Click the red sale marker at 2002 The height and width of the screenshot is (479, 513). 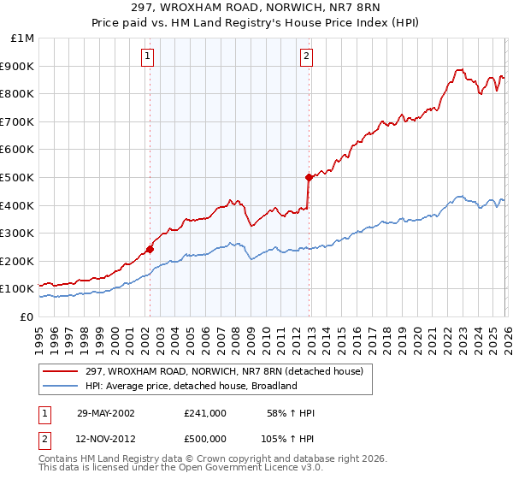(150, 250)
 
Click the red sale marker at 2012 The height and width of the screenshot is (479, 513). (308, 177)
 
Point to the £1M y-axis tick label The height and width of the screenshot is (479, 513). (22, 38)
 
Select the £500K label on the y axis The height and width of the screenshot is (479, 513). (19, 177)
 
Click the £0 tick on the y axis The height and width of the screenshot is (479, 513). (26, 316)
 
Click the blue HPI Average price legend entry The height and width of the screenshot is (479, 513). (190, 386)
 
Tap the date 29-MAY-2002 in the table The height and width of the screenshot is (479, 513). (105, 413)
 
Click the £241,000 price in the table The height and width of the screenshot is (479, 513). (205, 413)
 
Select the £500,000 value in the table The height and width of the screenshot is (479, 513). (205, 439)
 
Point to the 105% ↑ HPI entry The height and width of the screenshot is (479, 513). (288, 439)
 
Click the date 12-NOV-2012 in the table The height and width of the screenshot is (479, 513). (105, 439)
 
